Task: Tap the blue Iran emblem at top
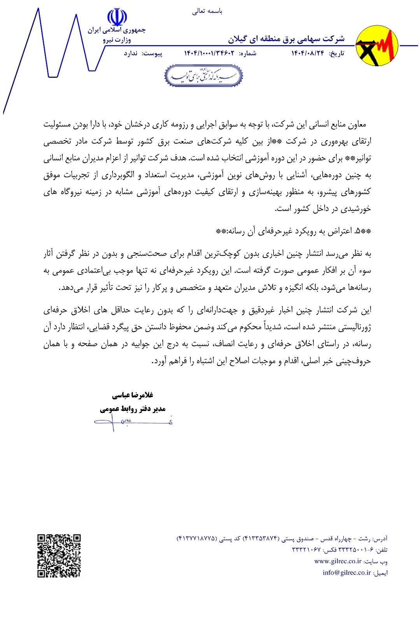117,18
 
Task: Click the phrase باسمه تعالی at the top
207,11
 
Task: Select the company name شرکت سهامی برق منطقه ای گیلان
286,39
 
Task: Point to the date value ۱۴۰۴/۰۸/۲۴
308,53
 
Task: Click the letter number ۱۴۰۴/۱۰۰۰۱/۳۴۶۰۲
209,53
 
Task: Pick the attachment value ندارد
130,53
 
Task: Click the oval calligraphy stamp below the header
204,76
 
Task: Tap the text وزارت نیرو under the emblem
117,40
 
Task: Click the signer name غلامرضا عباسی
133,395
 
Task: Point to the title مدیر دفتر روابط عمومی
133,409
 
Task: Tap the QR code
59,555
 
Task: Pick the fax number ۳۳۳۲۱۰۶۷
306,550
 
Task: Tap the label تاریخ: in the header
337,53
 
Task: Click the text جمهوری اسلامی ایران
116,30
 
